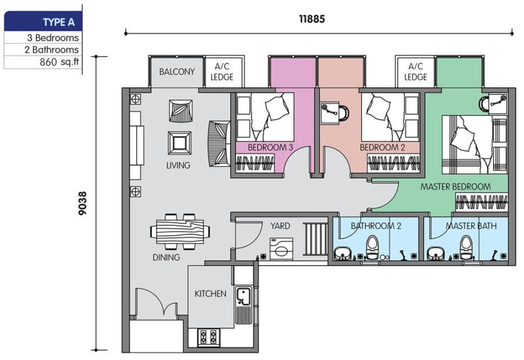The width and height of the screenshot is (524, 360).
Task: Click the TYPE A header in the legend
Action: [58, 22]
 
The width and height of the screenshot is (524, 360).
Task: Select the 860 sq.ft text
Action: [59, 62]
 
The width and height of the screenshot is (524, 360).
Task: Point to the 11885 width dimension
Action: [312, 19]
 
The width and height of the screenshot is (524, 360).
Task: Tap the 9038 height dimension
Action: [82, 203]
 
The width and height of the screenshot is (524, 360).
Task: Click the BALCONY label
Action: [177, 72]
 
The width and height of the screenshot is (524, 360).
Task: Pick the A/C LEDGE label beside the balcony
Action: [222, 72]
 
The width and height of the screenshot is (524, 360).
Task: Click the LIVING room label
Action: [179, 165]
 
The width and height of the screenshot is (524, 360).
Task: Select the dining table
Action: [180, 231]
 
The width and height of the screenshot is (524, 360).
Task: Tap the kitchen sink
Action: [243, 296]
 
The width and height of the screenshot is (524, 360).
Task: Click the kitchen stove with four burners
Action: [207, 337]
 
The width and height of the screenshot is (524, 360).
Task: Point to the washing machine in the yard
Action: [281, 248]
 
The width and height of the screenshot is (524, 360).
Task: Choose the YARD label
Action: [280, 226]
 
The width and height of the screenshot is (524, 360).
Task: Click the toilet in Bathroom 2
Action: [372, 248]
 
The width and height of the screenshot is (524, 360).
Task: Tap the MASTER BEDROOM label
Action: [455, 186]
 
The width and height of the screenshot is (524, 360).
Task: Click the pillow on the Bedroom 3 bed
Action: [277, 107]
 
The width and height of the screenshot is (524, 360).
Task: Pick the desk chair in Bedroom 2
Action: [343, 112]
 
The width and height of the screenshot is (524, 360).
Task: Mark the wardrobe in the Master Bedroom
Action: [481, 202]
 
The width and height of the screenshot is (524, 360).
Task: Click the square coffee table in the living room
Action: [180, 143]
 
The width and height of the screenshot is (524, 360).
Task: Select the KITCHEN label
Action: [211, 294]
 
